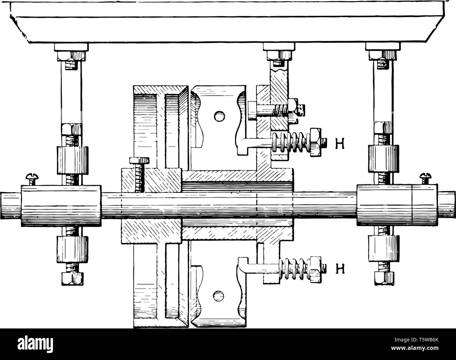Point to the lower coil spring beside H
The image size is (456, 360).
(294, 270)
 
